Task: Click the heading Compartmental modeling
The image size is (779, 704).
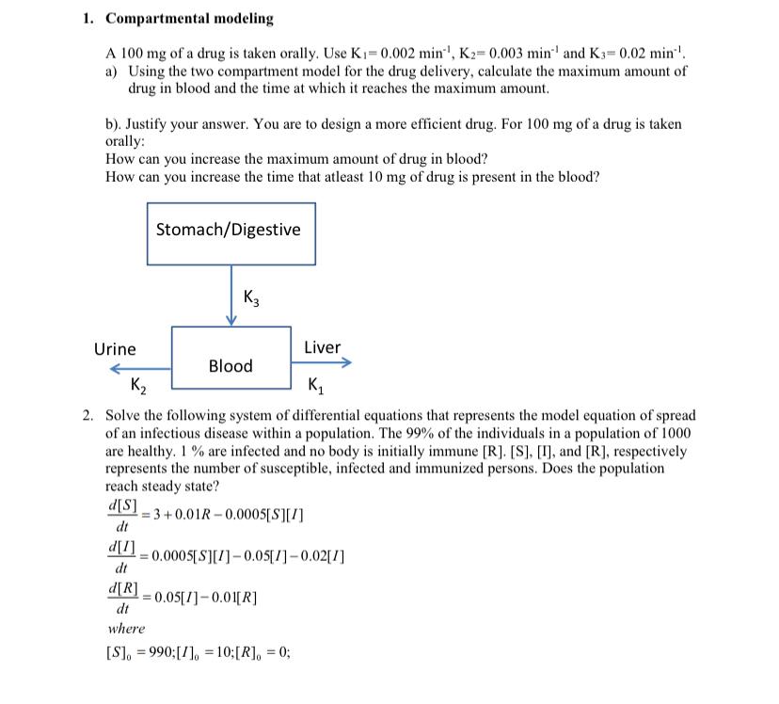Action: coord(189,19)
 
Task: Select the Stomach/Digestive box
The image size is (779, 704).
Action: coord(231,231)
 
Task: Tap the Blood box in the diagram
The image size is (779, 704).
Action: coord(231,366)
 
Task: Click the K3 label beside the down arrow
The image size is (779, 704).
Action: coord(251,298)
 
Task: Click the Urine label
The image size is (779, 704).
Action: coord(115,349)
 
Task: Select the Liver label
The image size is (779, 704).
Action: coord(322,347)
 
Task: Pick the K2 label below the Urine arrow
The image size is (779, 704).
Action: coord(137,385)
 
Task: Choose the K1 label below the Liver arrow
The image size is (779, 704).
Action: coord(316,385)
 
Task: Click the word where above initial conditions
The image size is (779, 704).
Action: coord(126,629)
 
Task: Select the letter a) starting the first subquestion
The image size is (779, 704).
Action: coord(112,72)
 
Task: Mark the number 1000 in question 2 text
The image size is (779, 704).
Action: coord(675,433)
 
